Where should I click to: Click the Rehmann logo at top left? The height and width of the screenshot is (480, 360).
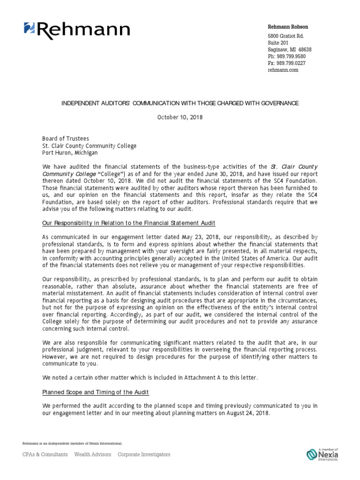point(77,30)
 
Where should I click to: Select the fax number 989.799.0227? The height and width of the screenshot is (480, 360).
point(287,63)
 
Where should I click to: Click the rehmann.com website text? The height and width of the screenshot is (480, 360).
point(283,70)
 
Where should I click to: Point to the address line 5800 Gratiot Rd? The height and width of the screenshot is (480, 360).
point(286,36)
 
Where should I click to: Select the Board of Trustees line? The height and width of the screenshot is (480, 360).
point(65,139)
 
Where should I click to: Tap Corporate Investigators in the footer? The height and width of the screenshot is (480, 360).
point(144,454)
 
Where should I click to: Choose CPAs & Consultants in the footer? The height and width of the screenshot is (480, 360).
point(45,454)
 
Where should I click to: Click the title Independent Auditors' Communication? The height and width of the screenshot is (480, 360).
point(180,103)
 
